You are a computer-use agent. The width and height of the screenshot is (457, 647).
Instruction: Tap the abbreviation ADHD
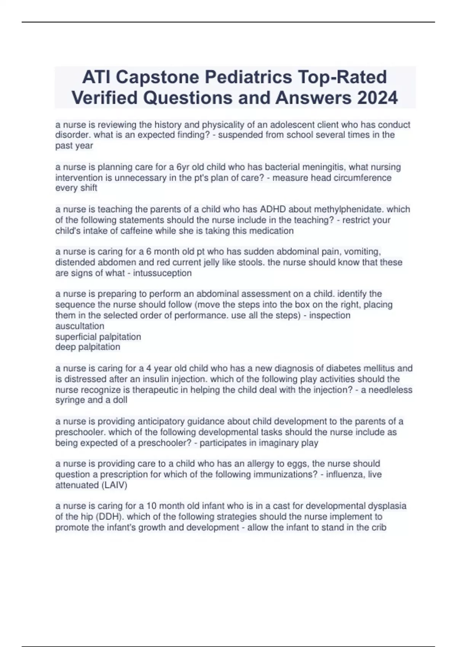coord(272,209)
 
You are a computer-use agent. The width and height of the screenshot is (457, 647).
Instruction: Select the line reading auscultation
coord(80,326)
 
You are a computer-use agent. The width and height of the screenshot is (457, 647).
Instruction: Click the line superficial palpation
coord(98,337)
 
